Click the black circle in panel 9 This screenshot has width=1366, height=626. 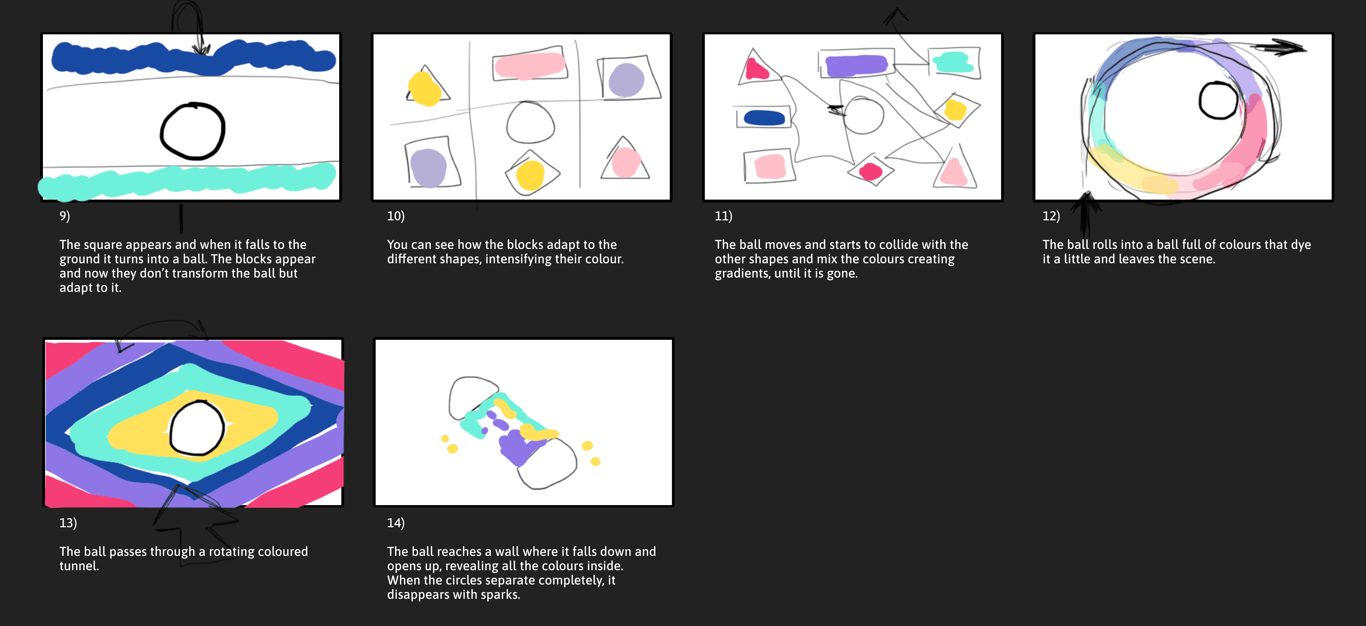click(161, 131)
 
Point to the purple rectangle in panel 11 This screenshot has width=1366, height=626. click(857, 65)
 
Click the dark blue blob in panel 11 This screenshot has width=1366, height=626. click(764, 118)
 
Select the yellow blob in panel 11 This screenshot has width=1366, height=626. click(955, 110)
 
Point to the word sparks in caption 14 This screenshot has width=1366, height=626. click(500, 595)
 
